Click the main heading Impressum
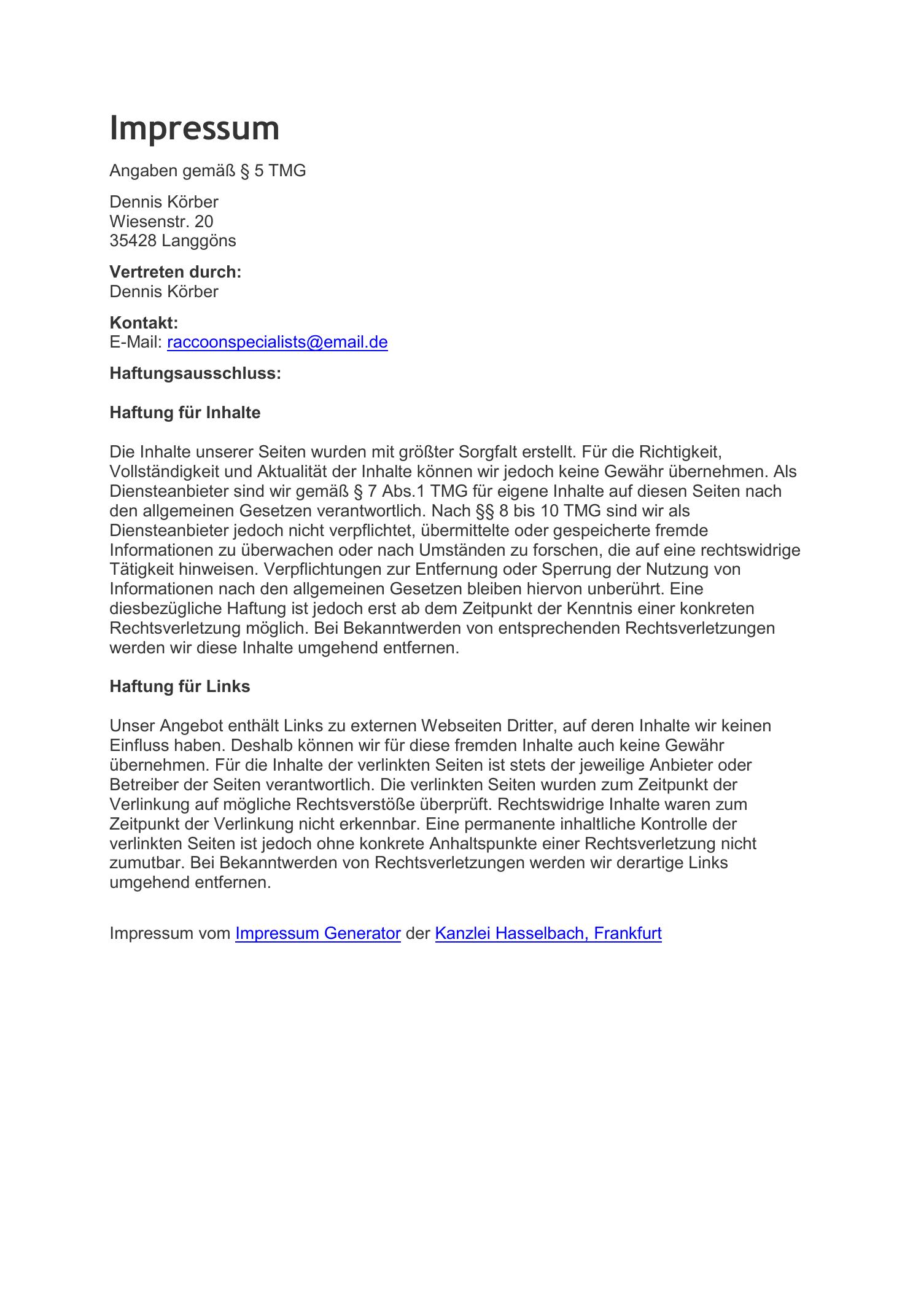tap(194, 128)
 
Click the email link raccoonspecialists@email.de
tap(277, 342)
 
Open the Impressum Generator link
tap(317, 933)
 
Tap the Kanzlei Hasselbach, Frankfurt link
tap(548, 933)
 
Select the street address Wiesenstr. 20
tap(161, 221)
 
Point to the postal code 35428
tap(133, 241)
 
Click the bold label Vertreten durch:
tap(175, 272)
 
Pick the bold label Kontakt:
tap(144, 323)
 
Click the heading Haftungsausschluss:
tap(195, 373)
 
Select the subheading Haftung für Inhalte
tap(184, 413)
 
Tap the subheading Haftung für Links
tap(179, 687)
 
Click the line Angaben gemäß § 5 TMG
tap(207, 171)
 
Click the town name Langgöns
tap(199, 241)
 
